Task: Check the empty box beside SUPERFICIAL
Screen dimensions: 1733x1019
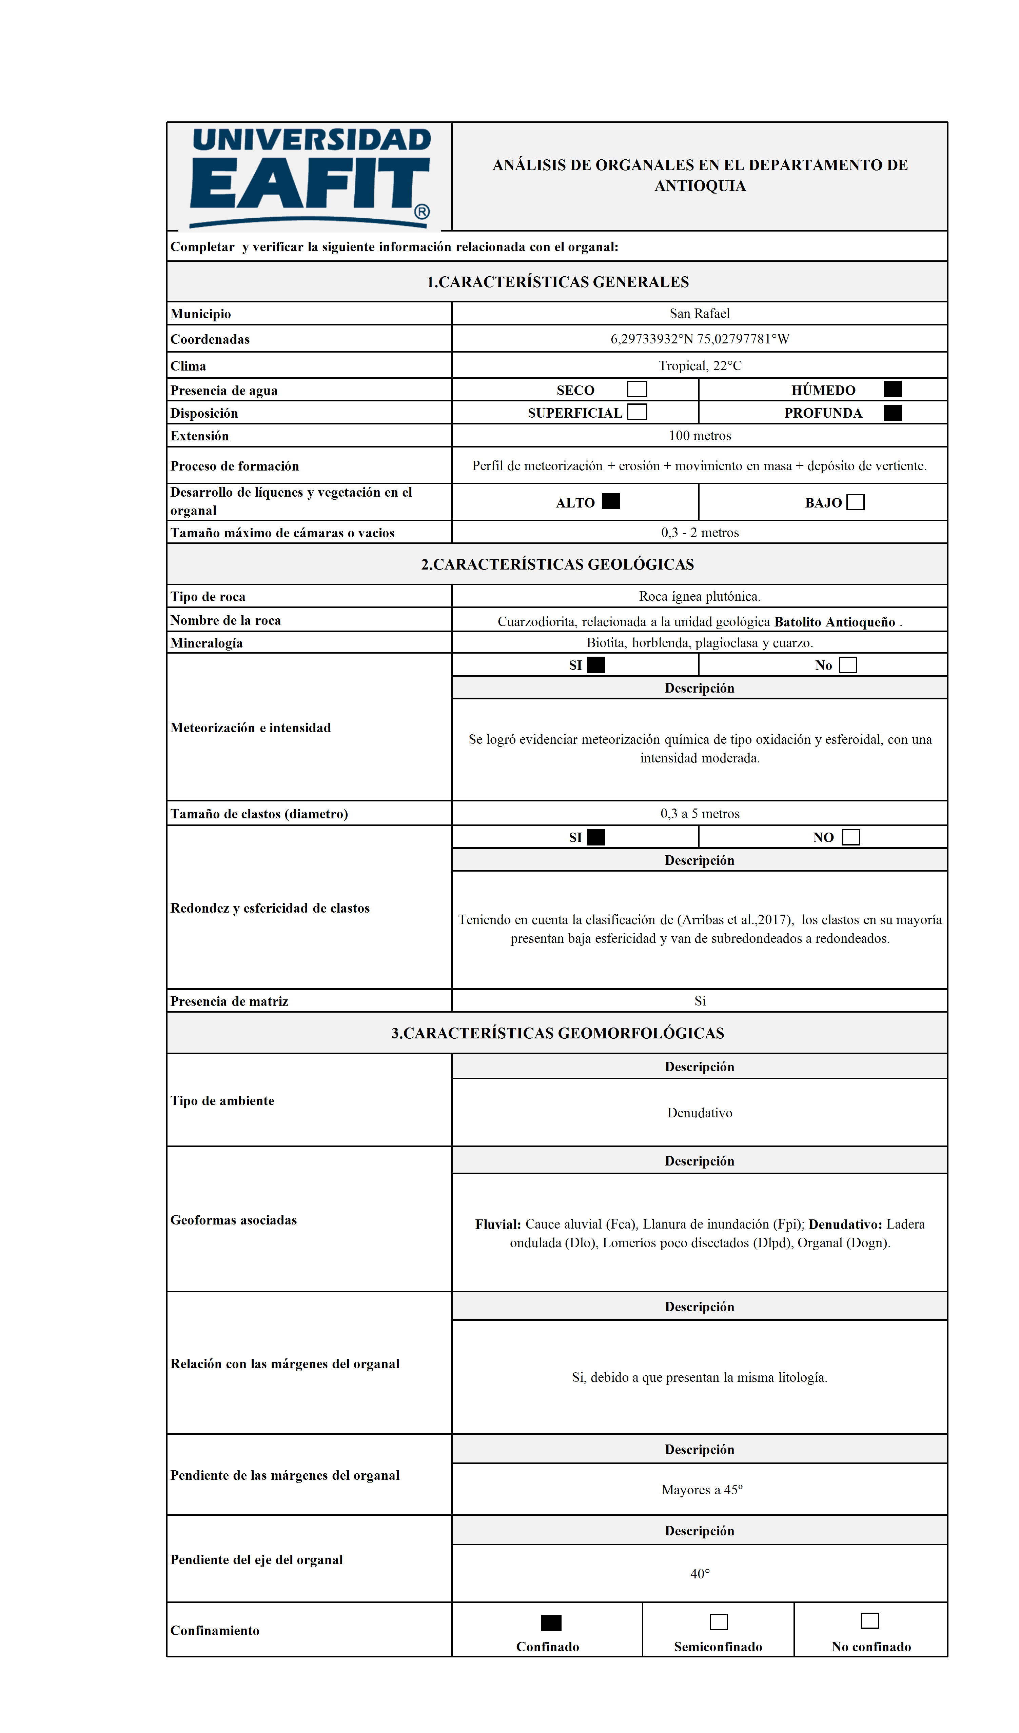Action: coord(637,412)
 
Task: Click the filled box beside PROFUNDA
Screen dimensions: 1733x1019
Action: coord(893,413)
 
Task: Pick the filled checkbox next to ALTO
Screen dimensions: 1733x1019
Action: coord(610,501)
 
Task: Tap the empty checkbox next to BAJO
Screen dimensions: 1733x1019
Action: coord(855,502)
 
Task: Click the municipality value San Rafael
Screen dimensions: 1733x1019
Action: coord(699,314)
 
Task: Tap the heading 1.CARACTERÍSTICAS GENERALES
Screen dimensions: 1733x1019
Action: coord(557,282)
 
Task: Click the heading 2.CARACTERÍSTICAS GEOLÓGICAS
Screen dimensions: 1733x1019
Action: coord(557,564)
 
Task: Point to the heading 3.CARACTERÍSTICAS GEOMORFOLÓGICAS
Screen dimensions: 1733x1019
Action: coord(557,1033)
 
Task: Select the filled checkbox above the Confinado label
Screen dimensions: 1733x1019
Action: coord(551,1622)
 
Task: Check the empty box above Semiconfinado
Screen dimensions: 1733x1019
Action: coord(718,1621)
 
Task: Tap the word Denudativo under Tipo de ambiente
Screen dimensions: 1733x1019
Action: coord(699,1113)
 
